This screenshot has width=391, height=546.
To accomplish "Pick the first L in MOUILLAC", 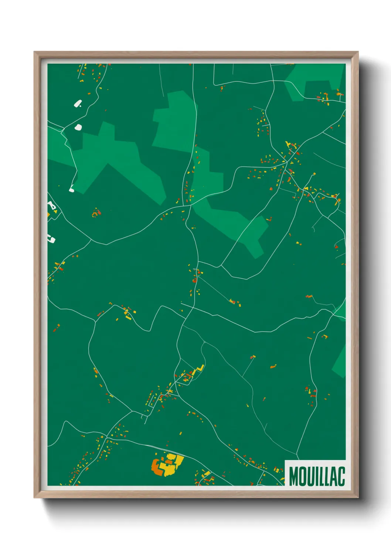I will (323, 476).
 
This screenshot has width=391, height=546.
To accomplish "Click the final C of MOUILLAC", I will (341, 476).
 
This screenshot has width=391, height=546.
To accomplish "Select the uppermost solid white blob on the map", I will (78, 103).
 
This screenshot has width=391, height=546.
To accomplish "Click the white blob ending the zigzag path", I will (72, 190).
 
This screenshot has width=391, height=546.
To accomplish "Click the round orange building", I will (194, 280).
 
